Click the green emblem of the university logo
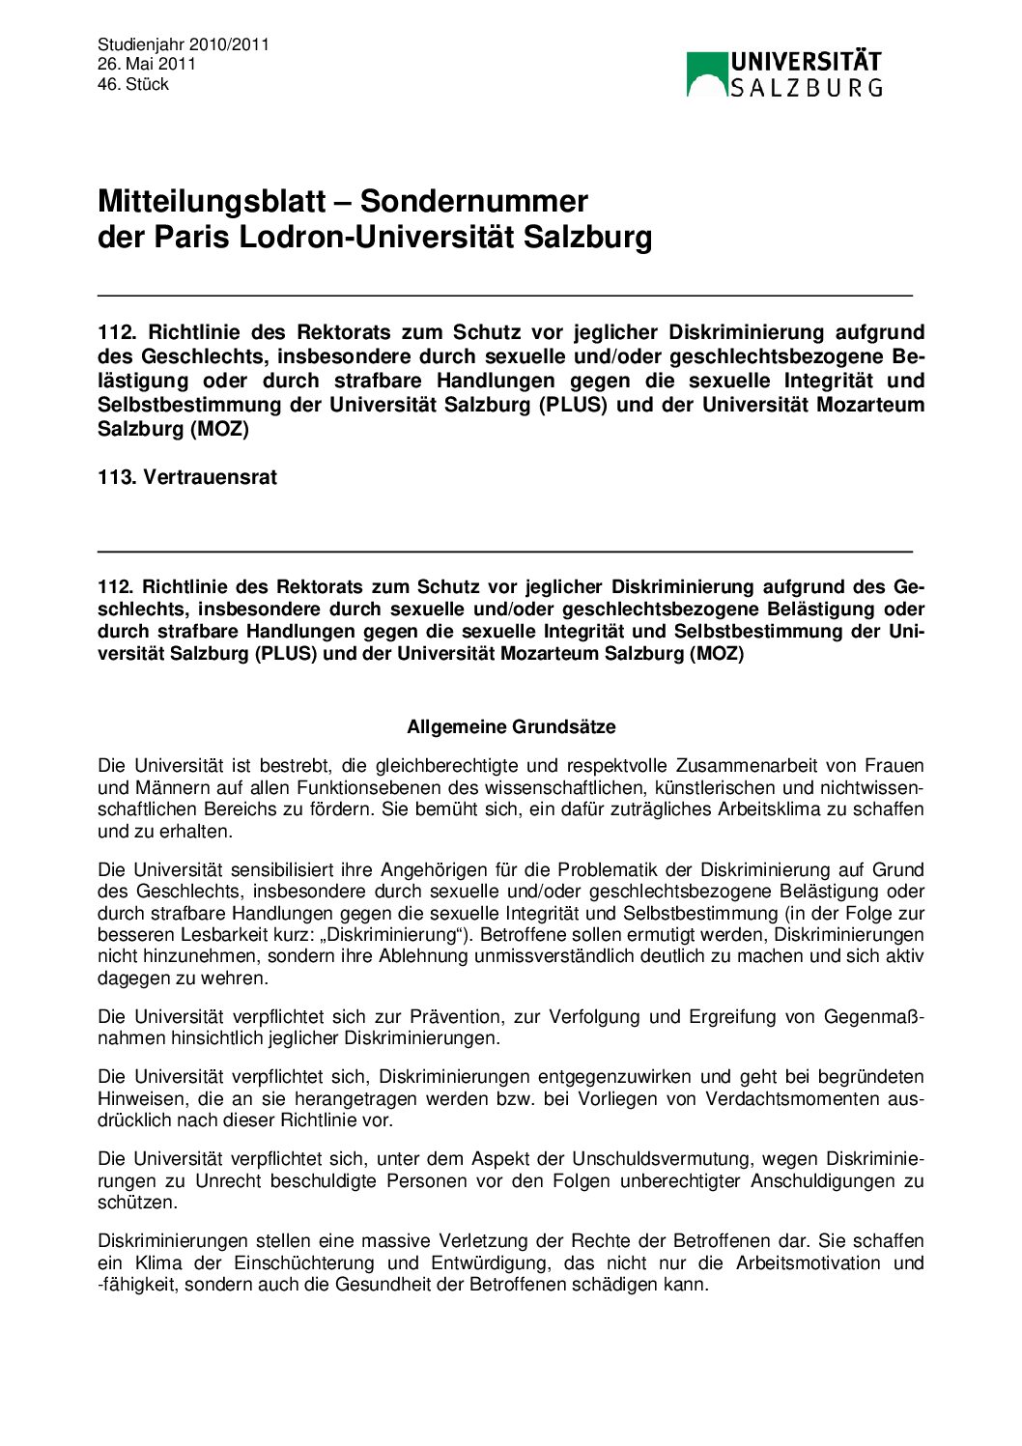click(707, 74)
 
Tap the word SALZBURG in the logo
click(806, 88)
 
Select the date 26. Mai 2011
click(147, 64)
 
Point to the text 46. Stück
click(133, 84)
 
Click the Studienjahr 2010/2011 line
click(184, 43)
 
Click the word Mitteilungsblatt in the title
click(212, 201)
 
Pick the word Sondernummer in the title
click(473, 201)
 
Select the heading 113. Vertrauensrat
click(187, 477)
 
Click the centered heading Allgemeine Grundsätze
click(511, 726)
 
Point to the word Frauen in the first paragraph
click(894, 765)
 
